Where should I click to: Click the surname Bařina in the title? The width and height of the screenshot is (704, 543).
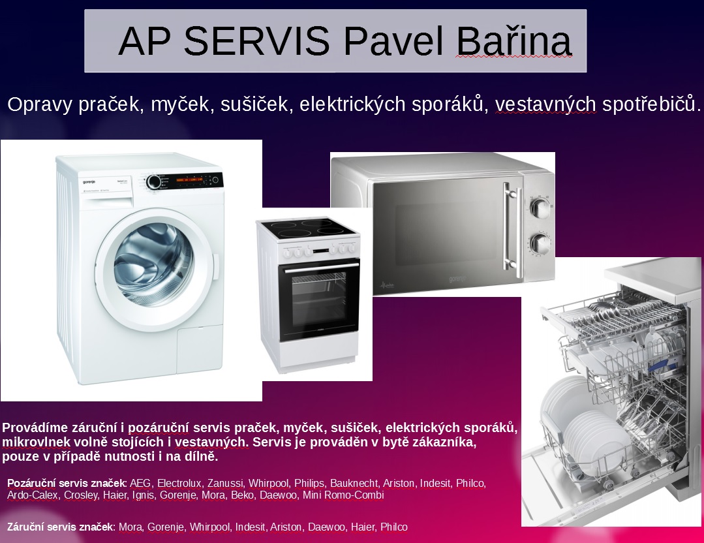(513, 41)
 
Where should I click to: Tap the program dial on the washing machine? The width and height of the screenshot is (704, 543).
(154, 181)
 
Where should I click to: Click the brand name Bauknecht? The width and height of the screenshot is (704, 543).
(354, 484)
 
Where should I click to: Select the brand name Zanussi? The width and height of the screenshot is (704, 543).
(226, 484)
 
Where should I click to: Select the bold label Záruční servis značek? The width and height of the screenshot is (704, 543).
(61, 527)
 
